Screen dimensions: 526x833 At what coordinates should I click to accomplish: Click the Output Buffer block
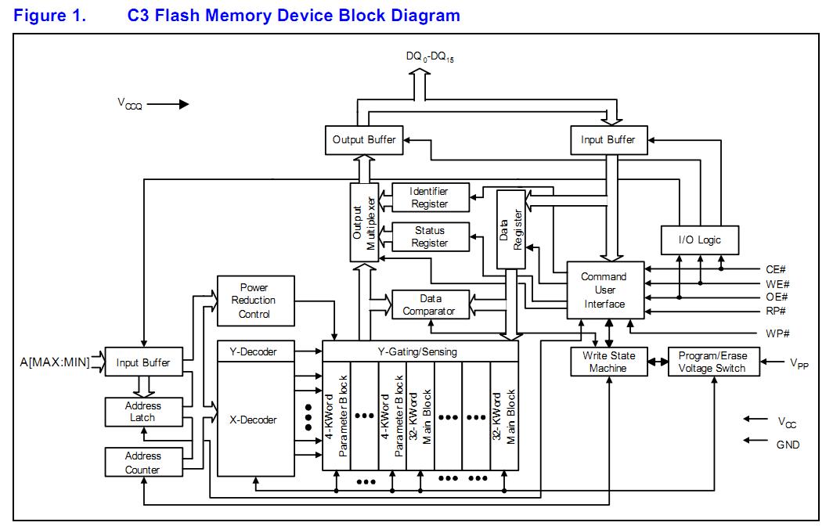pyautogui.click(x=364, y=140)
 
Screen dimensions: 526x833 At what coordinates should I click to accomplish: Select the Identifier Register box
pyautogui.click(x=430, y=197)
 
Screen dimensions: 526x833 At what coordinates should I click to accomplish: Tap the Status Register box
pyautogui.click(x=430, y=236)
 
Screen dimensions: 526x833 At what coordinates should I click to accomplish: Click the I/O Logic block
pyautogui.click(x=700, y=240)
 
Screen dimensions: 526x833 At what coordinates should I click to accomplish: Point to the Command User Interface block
pyautogui.click(x=604, y=290)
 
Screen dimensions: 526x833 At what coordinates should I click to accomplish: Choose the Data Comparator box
pyautogui.click(x=430, y=304)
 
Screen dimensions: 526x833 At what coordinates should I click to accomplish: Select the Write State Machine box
pyautogui.click(x=609, y=362)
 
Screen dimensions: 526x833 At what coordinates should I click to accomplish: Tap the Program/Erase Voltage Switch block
pyautogui.click(x=712, y=362)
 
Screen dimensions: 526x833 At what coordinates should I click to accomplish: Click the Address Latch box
pyautogui.click(x=143, y=412)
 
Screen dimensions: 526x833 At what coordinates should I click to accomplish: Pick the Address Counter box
pyautogui.click(x=143, y=462)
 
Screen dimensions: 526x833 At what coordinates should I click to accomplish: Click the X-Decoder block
pyautogui.click(x=253, y=420)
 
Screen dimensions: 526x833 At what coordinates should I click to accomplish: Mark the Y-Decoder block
pyautogui.click(x=253, y=351)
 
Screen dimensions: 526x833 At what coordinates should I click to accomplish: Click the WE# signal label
pyautogui.click(x=777, y=283)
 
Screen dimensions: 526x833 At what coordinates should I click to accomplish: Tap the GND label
pyautogui.click(x=788, y=445)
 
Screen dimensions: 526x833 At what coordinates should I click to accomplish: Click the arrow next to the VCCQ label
pyautogui.click(x=168, y=103)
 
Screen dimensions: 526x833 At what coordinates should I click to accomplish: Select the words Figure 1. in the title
pyautogui.click(x=49, y=16)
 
